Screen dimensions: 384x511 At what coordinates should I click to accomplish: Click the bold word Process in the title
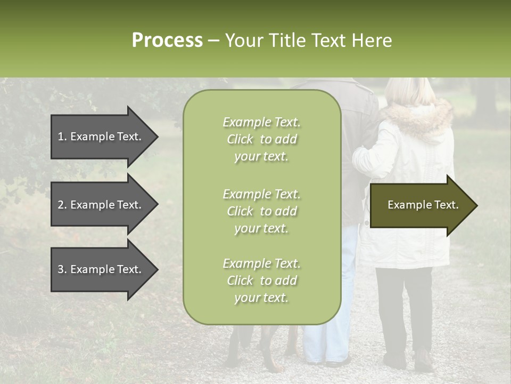coord(167,41)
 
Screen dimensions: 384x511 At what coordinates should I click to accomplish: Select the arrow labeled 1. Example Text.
coord(101,137)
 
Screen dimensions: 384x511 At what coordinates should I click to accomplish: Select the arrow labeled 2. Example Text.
coord(101,205)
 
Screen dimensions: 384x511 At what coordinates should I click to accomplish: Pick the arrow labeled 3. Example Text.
coord(101,269)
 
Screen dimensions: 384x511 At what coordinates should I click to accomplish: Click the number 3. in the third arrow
coord(62,269)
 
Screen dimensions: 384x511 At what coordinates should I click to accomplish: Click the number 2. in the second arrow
coord(62,205)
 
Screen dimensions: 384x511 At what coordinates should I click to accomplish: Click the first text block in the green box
coord(261,139)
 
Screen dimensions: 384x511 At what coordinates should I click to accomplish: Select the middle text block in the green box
coord(261,211)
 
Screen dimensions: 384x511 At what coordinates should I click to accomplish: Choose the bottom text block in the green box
coord(261,281)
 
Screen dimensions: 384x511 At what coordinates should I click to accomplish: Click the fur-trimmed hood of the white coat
coord(421,117)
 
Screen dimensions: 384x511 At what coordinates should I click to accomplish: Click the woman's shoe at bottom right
coord(424,361)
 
